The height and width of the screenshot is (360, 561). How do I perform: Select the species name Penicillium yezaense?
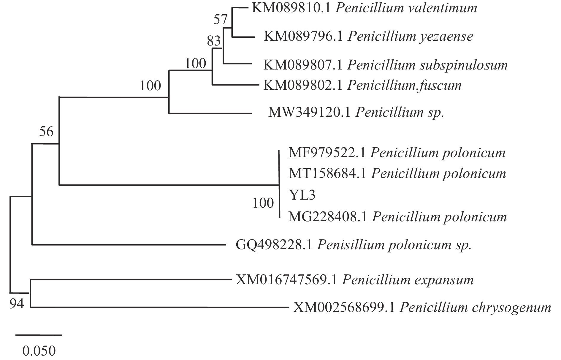pyautogui.click(x=410, y=37)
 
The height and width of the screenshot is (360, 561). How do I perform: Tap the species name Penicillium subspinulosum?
pyautogui.click(x=427, y=65)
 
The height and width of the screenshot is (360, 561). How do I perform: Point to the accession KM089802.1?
pyautogui.click(x=303, y=86)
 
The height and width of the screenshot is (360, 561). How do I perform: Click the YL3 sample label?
pyautogui.click(x=302, y=195)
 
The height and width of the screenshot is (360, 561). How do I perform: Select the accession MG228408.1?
pyautogui.click(x=328, y=217)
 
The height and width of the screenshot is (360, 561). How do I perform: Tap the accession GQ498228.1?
pyautogui.click(x=274, y=245)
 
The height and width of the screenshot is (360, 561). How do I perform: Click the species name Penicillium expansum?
pyautogui.click(x=408, y=280)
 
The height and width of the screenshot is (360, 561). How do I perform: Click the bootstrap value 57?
pyautogui.click(x=220, y=20)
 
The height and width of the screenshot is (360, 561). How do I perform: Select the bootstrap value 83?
pyautogui.click(x=214, y=41)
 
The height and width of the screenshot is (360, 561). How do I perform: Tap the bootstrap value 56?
pyautogui.click(x=46, y=131)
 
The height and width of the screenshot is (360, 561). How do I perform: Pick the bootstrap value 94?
pyautogui.click(x=17, y=304)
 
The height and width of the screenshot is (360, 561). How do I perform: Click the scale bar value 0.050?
pyautogui.click(x=39, y=351)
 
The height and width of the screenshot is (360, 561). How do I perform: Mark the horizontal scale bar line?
pyautogui.click(x=39, y=335)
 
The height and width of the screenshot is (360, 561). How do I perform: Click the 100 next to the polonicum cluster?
pyautogui.click(x=263, y=203)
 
